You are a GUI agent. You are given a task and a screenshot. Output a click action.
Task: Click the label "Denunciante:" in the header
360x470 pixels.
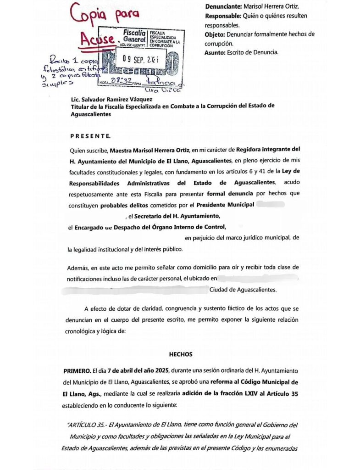tap(223, 7)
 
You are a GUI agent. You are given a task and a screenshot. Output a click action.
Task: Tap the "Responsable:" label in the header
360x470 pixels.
tap(224, 16)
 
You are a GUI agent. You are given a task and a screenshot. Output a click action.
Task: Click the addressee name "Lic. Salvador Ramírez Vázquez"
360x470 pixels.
tap(110, 99)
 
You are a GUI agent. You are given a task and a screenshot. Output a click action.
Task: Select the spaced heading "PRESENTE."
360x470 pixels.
tap(90, 136)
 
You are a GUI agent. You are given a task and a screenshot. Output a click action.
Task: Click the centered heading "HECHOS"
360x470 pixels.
tap(180, 355)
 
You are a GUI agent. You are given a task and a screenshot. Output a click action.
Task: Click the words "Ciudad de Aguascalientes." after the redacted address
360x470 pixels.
tap(243, 290)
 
